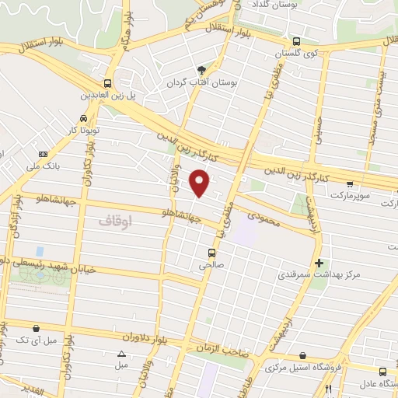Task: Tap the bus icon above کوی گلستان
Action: click(296, 42)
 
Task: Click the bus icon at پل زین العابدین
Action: click(107, 83)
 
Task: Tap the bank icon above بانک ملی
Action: click(44, 153)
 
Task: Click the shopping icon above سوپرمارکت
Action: click(351, 184)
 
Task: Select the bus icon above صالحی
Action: click(211, 253)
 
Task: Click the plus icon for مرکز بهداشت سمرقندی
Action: click(319, 263)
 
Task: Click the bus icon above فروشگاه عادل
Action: click(382, 372)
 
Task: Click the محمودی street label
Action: click(264, 211)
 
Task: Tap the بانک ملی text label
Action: click(44, 166)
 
